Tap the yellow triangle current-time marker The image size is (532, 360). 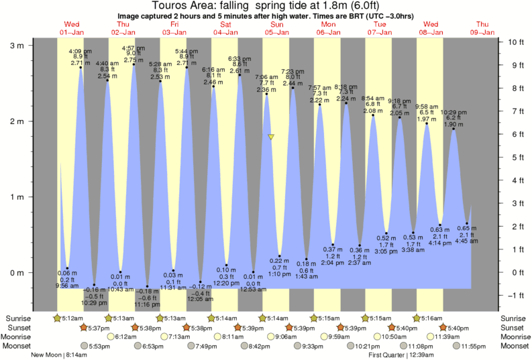[x=271, y=137]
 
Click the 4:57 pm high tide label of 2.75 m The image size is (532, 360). [x=133, y=54]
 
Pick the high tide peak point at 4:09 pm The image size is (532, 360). [x=81, y=68]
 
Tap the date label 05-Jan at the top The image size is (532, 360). [x=276, y=32]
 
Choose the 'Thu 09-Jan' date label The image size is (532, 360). [x=483, y=28]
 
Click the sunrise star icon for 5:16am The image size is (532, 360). [x=418, y=318]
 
